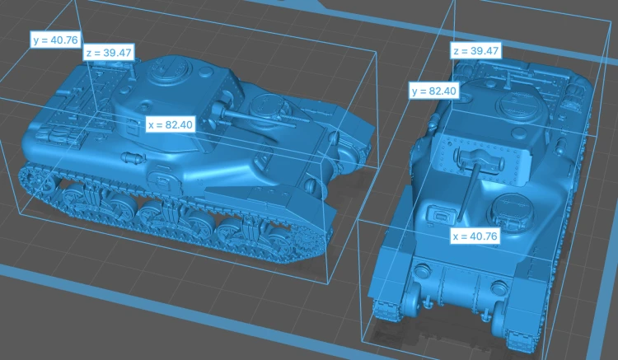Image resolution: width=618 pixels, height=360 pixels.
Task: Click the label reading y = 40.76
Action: point(56,40)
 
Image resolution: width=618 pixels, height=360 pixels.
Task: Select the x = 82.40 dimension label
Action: point(171,124)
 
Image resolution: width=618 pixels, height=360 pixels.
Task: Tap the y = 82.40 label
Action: point(433,91)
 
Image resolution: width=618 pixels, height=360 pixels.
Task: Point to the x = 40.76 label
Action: point(475,236)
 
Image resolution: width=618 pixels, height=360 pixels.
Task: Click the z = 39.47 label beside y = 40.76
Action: point(109,53)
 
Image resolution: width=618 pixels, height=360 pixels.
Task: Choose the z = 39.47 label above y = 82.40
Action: point(475,51)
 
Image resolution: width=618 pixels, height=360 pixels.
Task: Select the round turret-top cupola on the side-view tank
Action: point(166,71)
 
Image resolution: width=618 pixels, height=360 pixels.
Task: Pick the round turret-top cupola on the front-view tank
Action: point(521,105)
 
